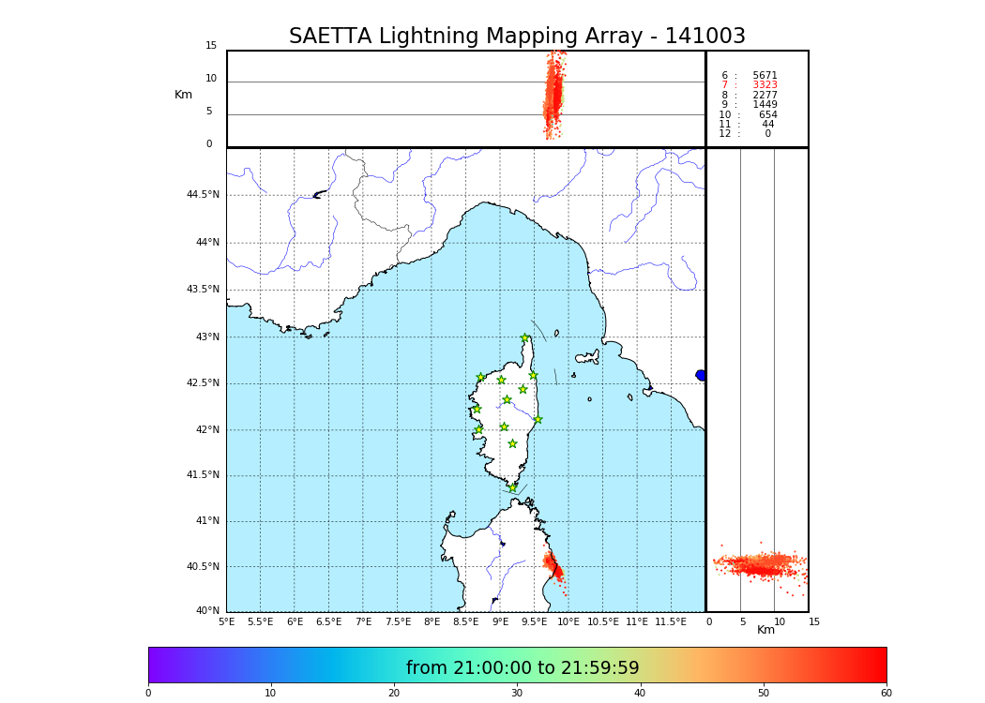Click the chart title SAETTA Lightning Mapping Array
(x=517, y=37)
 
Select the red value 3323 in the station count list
(x=765, y=85)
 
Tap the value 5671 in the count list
(x=765, y=75)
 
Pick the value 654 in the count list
(x=767, y=114)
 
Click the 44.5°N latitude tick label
(x=203, y=195)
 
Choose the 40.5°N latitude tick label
(x=203, y=566)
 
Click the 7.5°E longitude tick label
(x=398, y=621)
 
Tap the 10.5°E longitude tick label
(x=603, y=621)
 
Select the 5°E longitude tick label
(x=227, y=621)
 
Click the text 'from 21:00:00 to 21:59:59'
(x=523, y=668)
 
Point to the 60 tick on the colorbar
(x=886, y=694)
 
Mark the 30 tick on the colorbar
(x=517, y=694)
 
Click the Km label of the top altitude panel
(x=183, y=95)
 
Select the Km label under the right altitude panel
(x=765, y=630)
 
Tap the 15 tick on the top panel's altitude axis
(x=211, y=46)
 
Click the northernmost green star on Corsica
(x=525, y=338)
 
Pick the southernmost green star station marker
(x=512, y=487)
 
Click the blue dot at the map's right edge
(x=701, y=375)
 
